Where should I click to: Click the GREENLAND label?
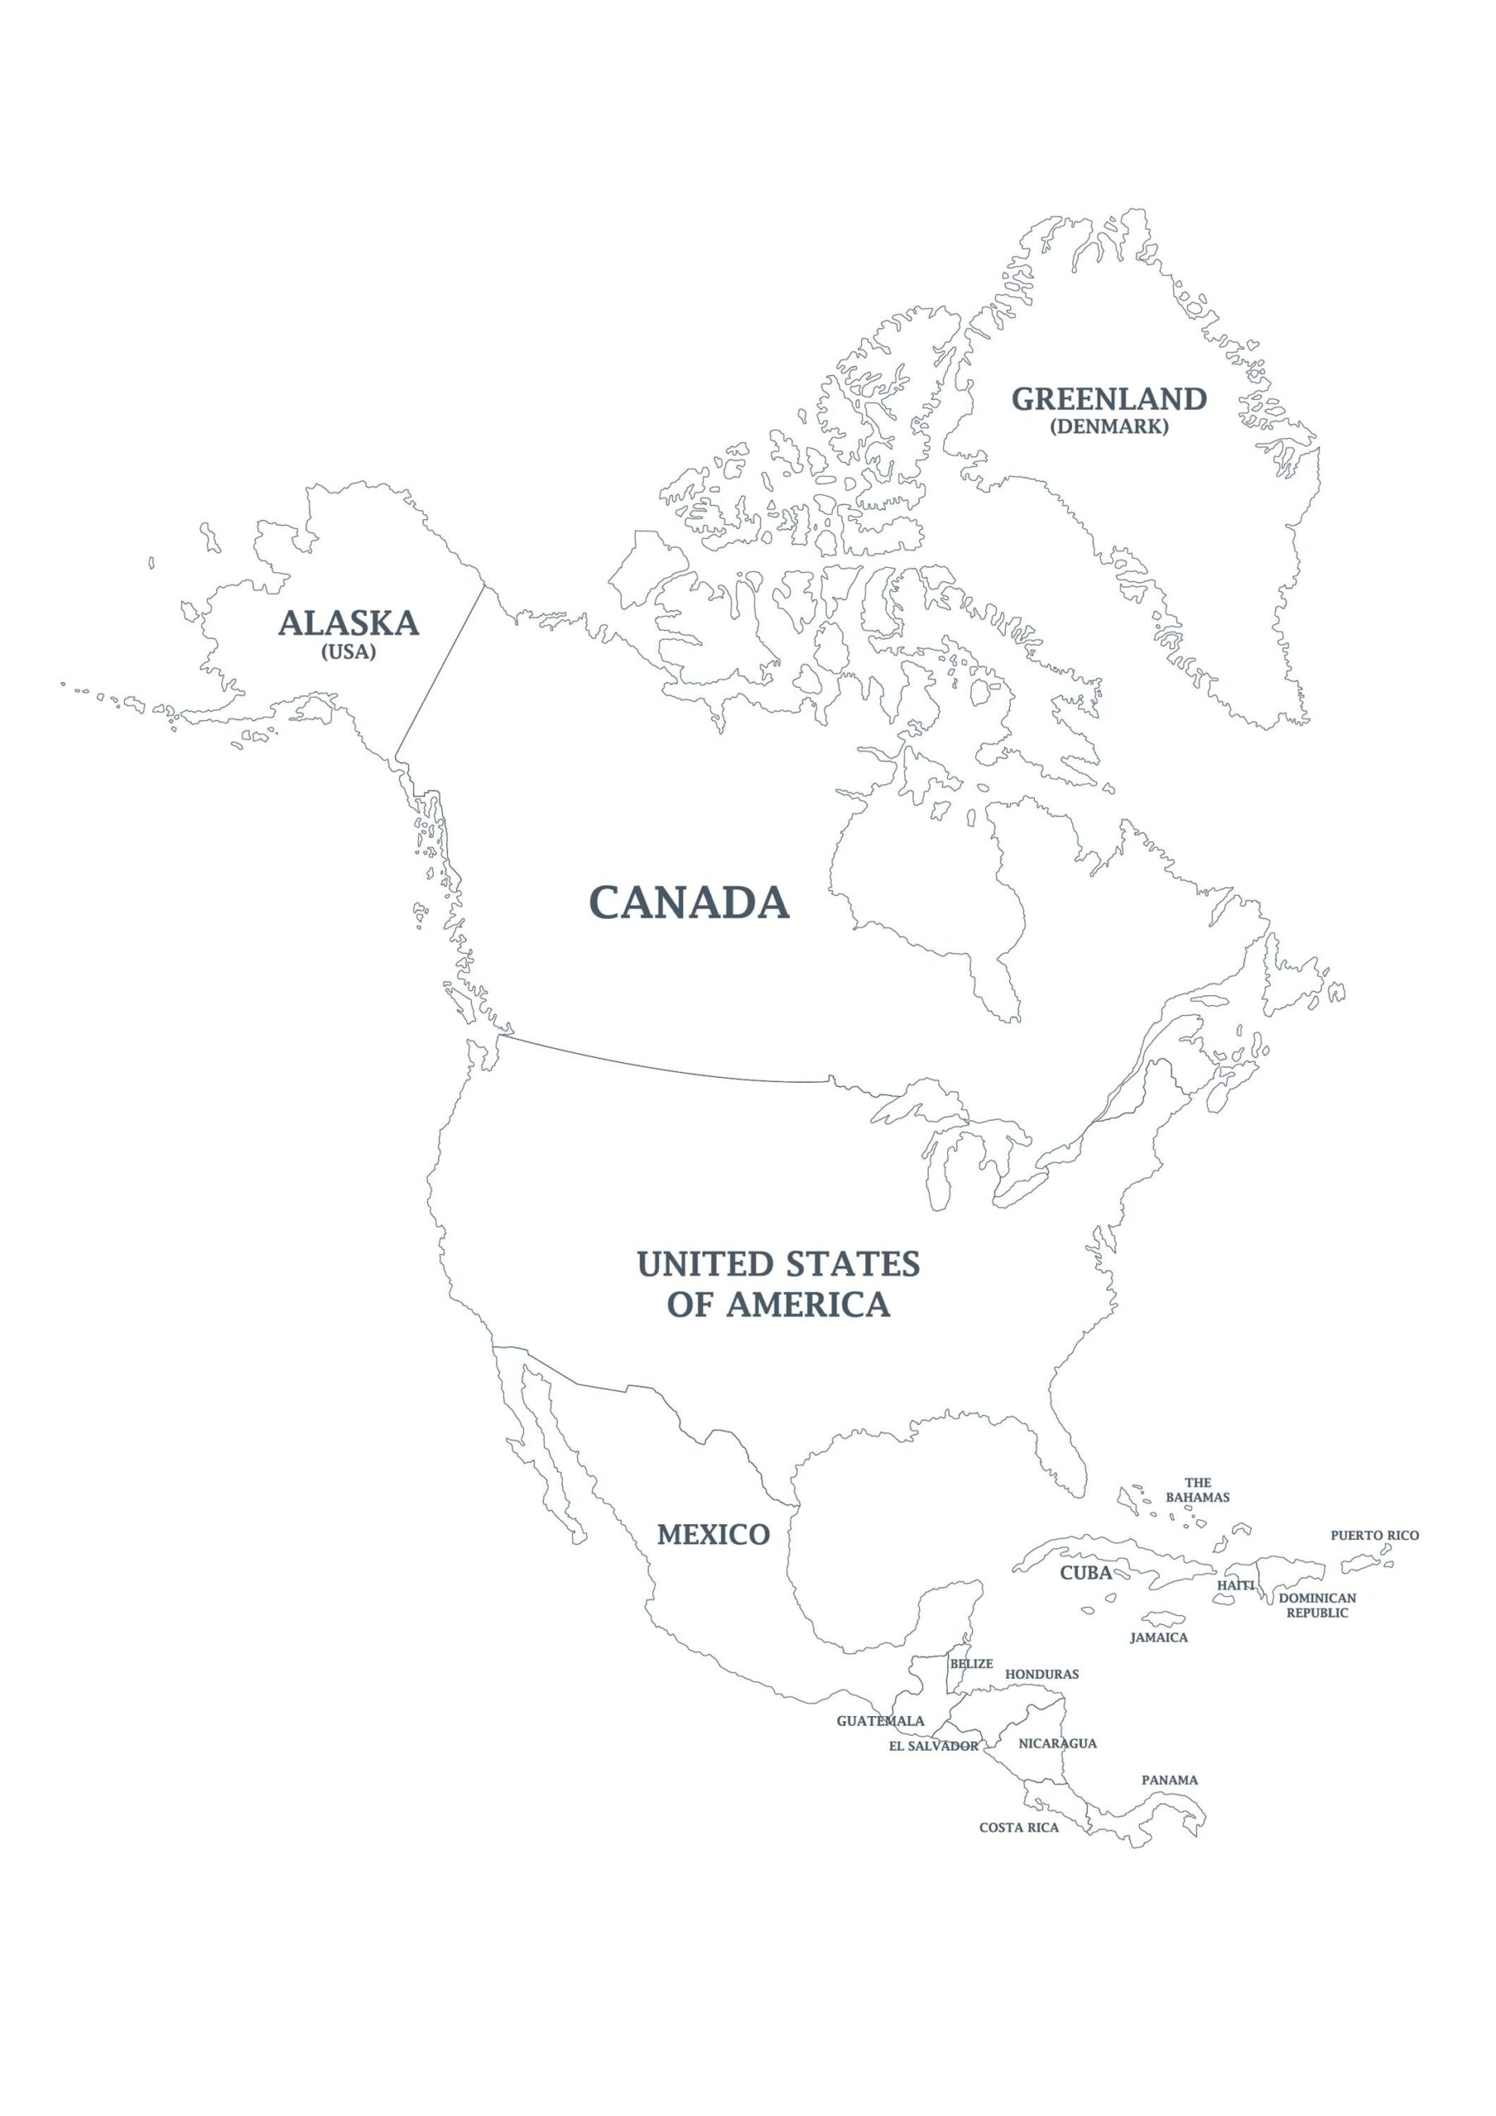point(1109,399)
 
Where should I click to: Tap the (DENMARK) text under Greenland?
point(1109,427)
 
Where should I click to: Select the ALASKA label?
point(349,624)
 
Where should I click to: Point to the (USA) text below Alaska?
point(349,651)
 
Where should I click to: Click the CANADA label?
point(689,903)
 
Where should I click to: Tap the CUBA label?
point(1085,1573)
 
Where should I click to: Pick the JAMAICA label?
point(1159,1637)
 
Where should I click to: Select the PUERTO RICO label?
point(1375,1536)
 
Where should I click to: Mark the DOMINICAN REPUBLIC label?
point(1317,1605)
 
